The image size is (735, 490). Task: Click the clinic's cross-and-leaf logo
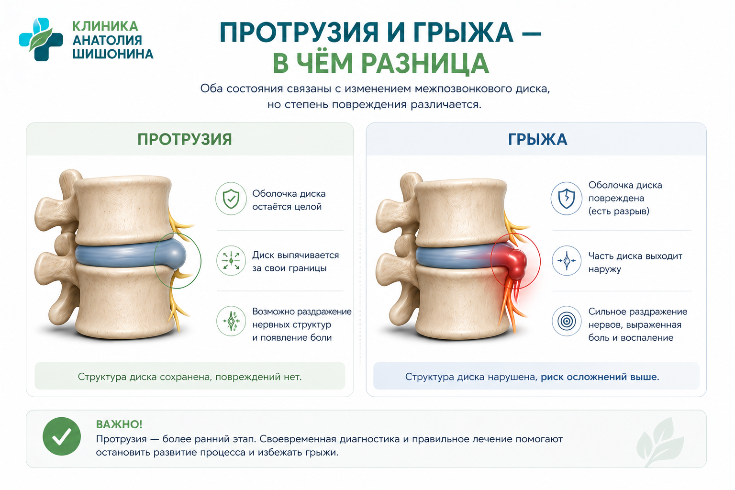(x=41, y=39)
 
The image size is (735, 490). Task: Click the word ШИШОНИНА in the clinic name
(x=113, y=54)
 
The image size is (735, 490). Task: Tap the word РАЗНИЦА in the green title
(x=425, y=64)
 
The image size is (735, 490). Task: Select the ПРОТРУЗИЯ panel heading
(x=185, y=139)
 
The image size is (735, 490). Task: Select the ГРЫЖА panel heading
(x=537, y=139)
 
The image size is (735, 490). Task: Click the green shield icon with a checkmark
(x=231, y=199)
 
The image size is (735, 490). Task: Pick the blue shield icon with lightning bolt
(x=567, y=199)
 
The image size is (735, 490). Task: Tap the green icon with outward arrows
(x=231, y=261)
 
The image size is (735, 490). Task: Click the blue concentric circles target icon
(x=567, y=321)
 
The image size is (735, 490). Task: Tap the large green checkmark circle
(x=62, y=436)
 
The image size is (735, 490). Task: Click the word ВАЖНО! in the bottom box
(x=119, y=424)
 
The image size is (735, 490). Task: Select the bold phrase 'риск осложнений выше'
(x=600, y=377)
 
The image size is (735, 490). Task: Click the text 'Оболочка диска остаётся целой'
(x=289, y=200)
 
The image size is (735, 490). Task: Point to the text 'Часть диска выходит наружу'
(x=635, y=263)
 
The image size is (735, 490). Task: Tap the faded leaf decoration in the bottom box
(x=660, y=441)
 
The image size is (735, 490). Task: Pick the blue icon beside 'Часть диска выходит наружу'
(x=567, y=261)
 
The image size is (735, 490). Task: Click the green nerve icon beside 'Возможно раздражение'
(x=231, y=321)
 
